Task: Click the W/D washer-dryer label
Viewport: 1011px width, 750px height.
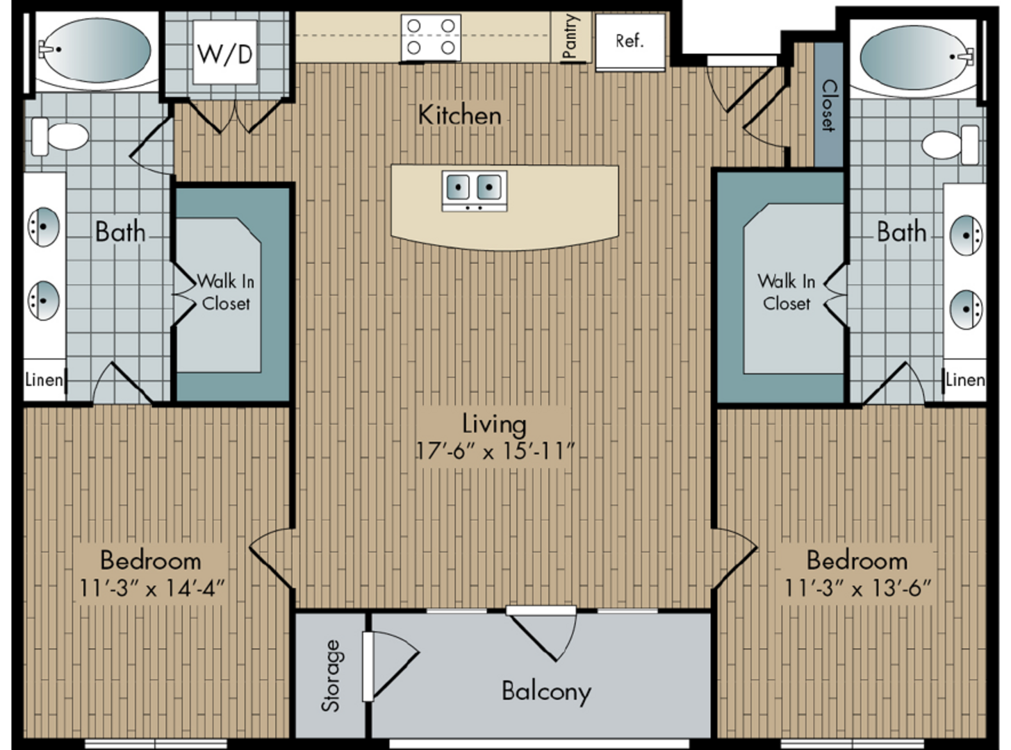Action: [224, 53]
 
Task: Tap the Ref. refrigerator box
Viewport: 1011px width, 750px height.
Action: [630, 42]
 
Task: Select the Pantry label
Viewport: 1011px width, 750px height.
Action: [570, 36]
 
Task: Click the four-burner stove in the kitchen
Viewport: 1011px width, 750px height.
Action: [431, 37]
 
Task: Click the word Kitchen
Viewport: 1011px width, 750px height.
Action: [460, 115]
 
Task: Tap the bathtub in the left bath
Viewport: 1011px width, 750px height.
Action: [97, 51]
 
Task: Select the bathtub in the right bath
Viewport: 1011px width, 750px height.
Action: [914, 58]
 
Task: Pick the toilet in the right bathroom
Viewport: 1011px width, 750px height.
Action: [950, 145]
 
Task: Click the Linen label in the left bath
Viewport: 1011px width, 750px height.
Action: [44, 380]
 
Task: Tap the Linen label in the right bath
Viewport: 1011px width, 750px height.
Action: [965, 380]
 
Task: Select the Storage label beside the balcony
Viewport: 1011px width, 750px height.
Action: [331, 676]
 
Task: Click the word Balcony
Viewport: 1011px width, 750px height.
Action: [547, 692]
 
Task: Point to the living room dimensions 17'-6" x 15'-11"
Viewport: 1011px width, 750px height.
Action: [495, 451]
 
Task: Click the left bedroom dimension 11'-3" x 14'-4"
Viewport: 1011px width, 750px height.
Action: [152, 587]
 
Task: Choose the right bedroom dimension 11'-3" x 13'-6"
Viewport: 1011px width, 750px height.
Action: [857, 587]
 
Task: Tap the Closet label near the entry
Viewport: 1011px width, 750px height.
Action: [829, 106]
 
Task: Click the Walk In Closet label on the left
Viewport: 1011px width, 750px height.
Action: [226, 292]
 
